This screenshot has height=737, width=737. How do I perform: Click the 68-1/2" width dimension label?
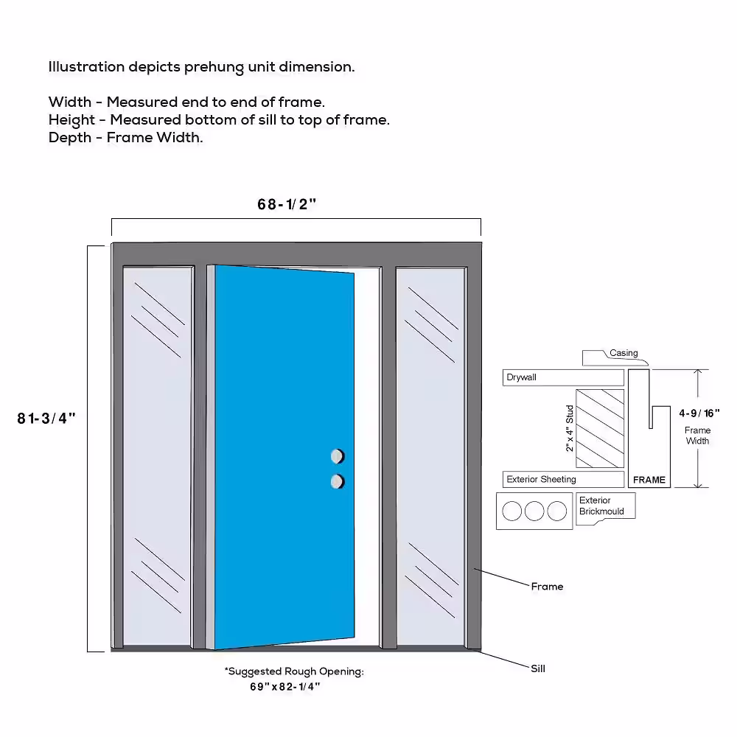[287, 205]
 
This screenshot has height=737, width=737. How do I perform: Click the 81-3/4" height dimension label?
[47, 419]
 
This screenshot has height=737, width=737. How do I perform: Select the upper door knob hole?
[338, 455]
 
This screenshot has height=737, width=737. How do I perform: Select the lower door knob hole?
[338, 481]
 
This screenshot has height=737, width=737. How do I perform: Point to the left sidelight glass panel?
[157, 453]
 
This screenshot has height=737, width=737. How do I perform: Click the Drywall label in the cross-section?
[521, 377]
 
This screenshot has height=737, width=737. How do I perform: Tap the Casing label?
[624, 353]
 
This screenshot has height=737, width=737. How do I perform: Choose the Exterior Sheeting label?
[541, 479]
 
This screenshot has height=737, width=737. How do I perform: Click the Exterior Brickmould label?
[601, 506]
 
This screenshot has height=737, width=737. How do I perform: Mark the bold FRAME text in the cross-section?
[649, 480]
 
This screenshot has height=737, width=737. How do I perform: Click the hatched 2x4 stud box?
[599, 428]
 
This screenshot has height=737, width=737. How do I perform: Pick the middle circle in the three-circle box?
[534, 511]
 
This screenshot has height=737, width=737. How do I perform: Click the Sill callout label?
[538, 668]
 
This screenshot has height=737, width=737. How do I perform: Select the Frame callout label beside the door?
[547, 587]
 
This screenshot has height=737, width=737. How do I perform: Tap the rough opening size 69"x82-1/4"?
[285, 687]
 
